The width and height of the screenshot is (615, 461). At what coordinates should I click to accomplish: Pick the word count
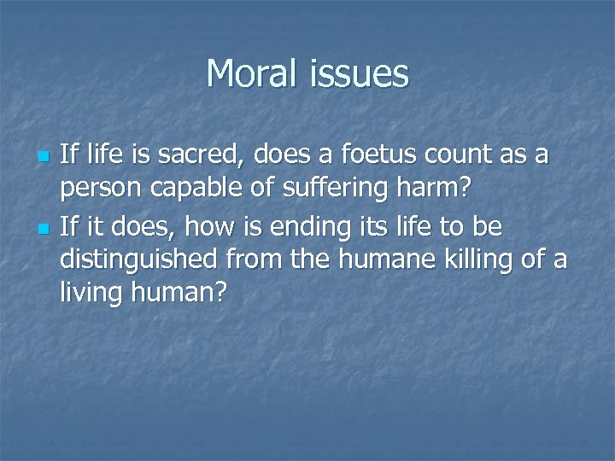pos(456,156)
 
